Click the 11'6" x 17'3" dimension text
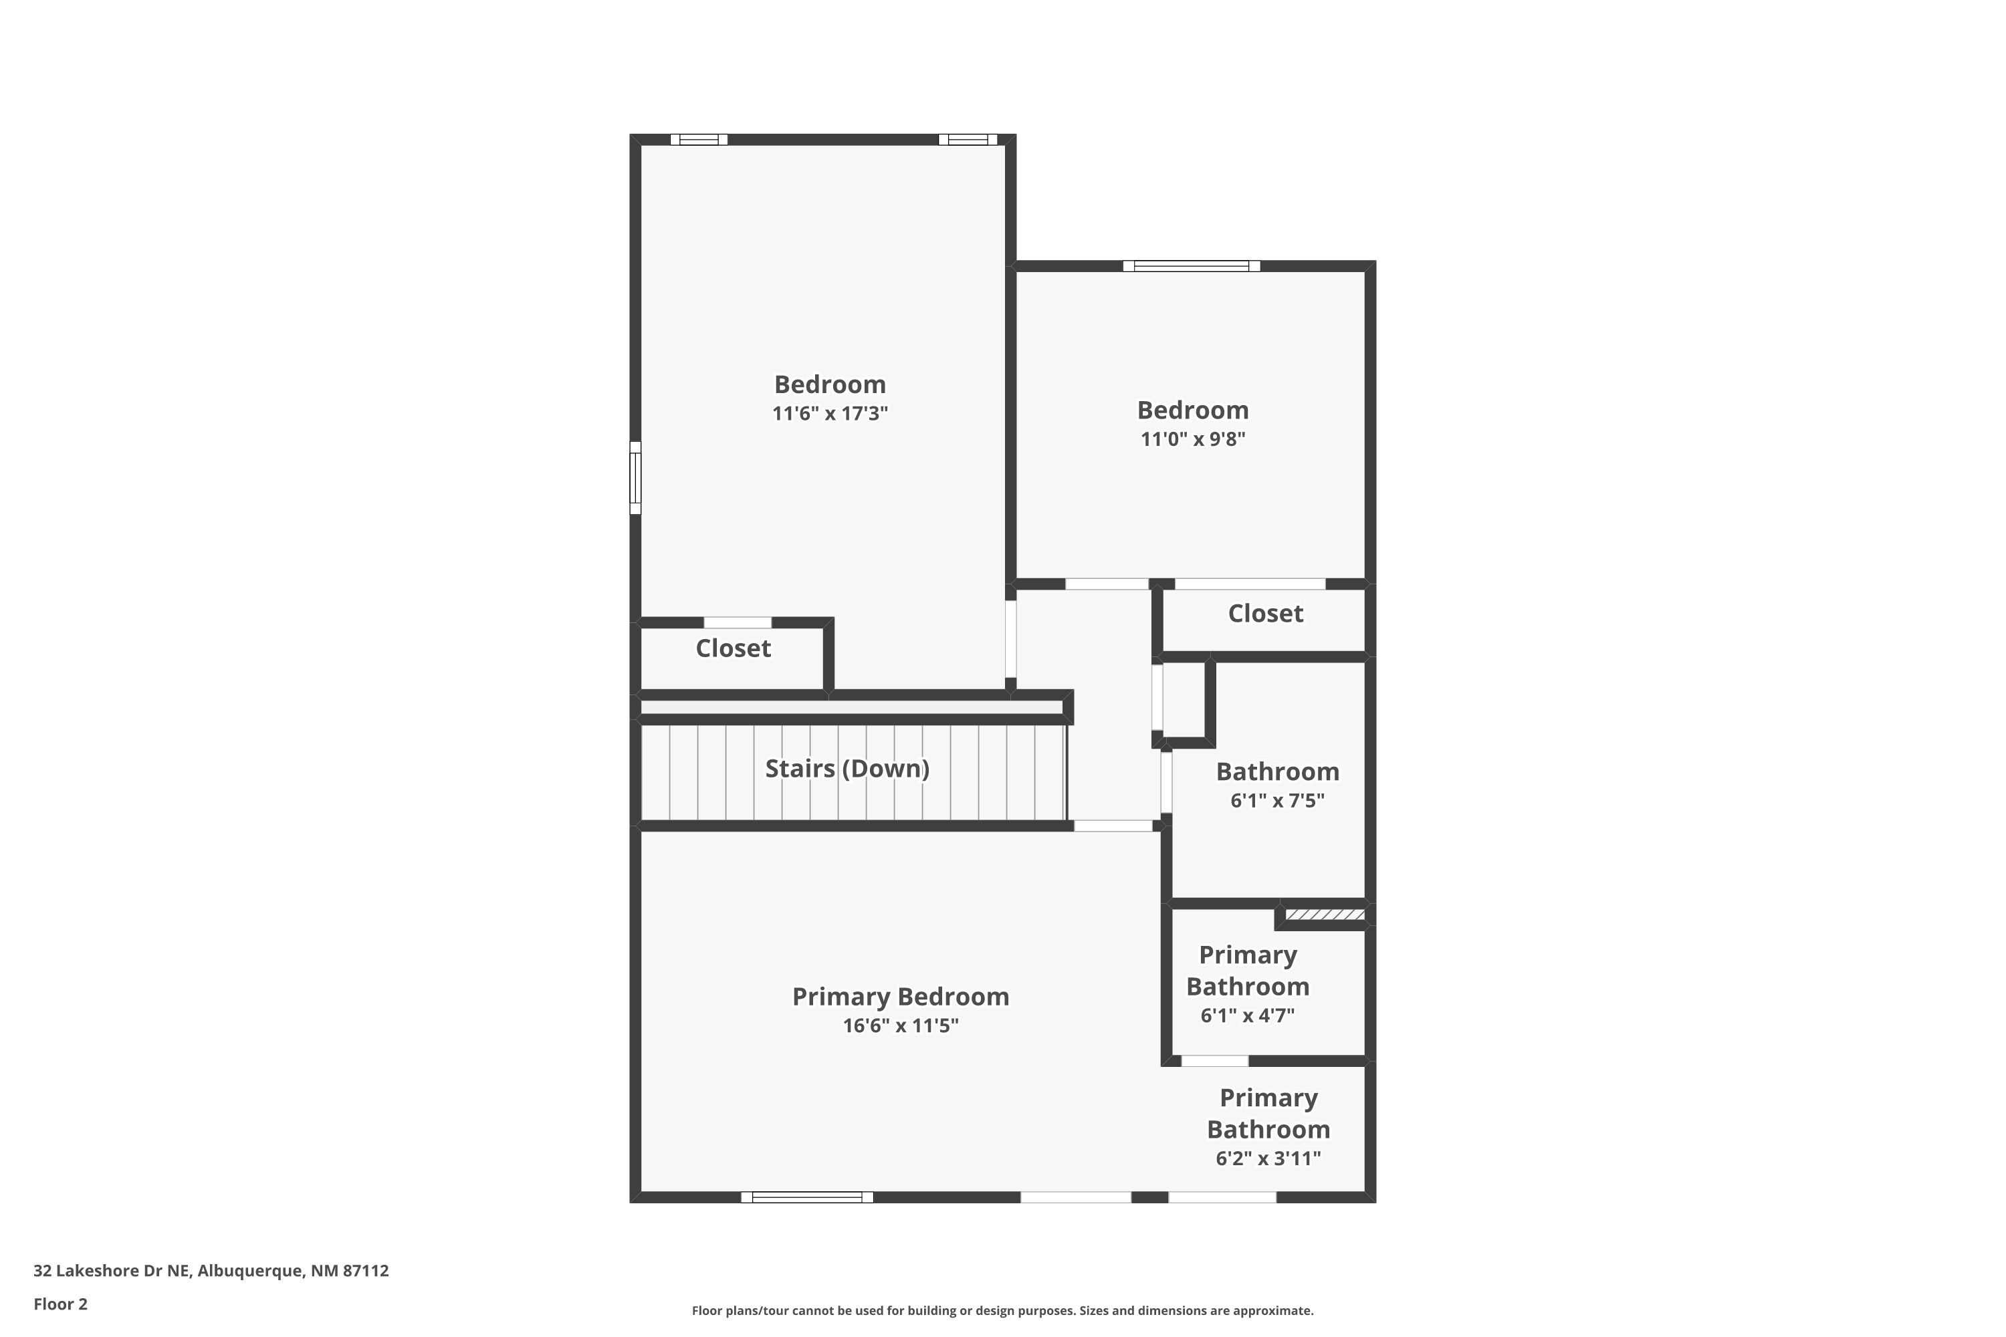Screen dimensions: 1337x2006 [x=830, y=414]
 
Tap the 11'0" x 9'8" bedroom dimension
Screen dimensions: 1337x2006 [x=1192, y=439]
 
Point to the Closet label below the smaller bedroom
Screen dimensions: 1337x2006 [x=1265, y=613]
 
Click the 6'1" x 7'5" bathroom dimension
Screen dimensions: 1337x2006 [x=1276, y=801]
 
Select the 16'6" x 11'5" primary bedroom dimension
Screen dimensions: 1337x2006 [x=901, y=1025]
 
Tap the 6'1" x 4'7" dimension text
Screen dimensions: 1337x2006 [x=1247, y=1015]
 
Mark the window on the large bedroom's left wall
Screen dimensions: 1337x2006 [x=635, y=477]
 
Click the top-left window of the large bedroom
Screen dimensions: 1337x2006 [x=699, y=140]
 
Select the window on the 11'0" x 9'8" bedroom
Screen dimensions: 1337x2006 [x=1191, y=266]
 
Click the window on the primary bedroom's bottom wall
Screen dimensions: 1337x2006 [x=807, y=1197]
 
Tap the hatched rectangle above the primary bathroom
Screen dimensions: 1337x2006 [x=1325, y=915]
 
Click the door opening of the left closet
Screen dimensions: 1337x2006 [x=737, y=622]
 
